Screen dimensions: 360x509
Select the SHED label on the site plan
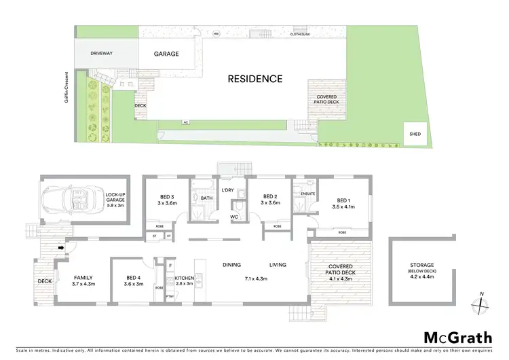[415, 134]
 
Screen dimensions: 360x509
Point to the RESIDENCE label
[254, 79]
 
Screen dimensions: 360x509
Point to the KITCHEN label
[185, 278]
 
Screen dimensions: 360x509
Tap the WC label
[235, 217]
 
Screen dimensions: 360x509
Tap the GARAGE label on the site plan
[166, 54]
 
